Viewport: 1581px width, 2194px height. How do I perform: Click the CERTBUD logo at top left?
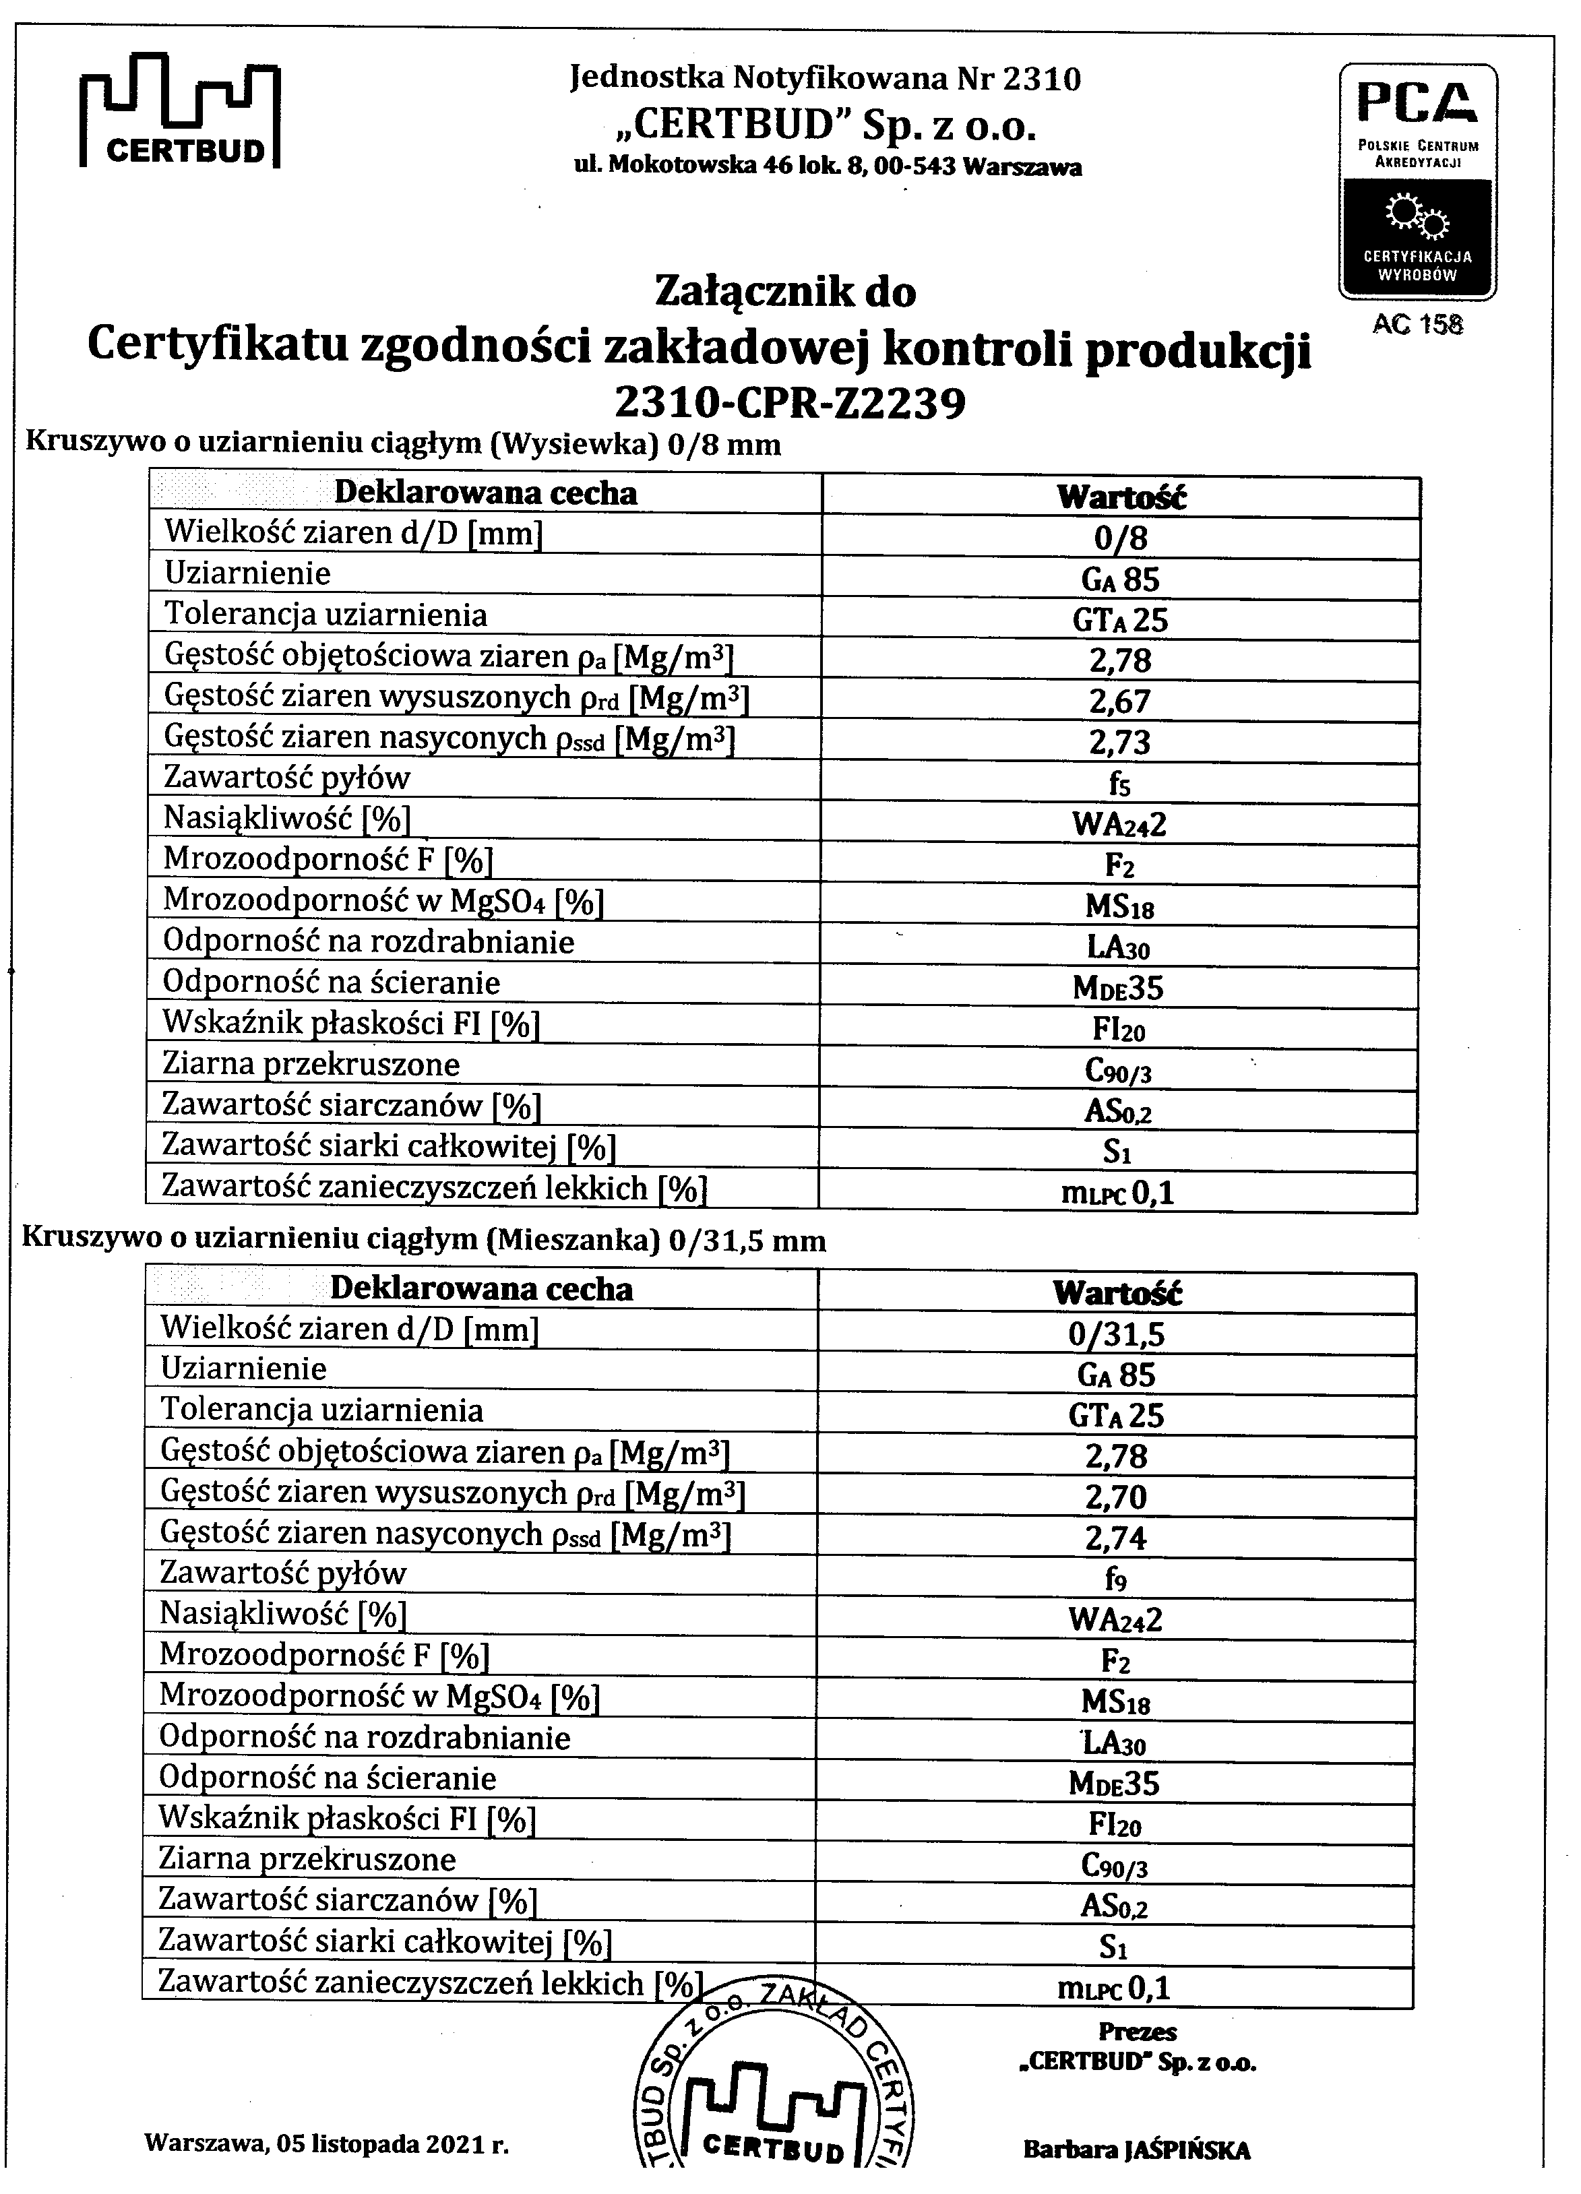click(x=180, y=113)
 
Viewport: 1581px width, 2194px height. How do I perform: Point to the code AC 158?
click(x=1417, y=324)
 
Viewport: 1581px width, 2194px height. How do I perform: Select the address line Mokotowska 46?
click(x=828, y=166)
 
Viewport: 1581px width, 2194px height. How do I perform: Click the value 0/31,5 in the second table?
click(x=1117, y=1334)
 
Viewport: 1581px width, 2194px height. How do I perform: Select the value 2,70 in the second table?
click(x=1117, y=1497)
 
